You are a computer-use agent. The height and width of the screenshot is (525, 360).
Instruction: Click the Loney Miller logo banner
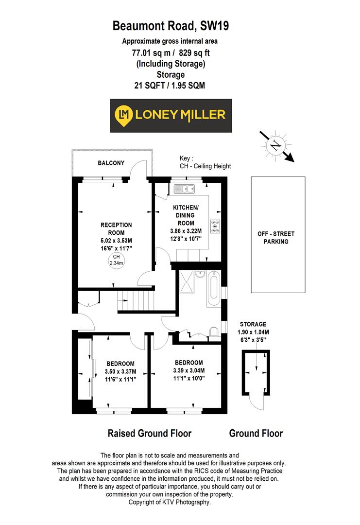coord(171,115)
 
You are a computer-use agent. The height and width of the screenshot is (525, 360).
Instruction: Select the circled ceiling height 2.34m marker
coord(116,260)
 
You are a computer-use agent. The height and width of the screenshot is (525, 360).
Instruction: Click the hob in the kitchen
coord(215,226)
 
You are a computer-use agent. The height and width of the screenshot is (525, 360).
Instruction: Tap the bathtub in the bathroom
coord(214,290)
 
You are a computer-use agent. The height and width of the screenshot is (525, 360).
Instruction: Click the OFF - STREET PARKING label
coord(276,238)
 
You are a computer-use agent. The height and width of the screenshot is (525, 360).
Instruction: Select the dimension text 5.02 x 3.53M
coord(116,241)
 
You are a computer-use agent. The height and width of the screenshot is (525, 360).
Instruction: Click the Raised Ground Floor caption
coord(149,433)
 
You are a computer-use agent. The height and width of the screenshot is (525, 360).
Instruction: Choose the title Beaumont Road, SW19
coord(171,26)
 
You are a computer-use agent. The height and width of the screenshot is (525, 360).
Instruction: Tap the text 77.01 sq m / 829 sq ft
coord(171,53)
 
